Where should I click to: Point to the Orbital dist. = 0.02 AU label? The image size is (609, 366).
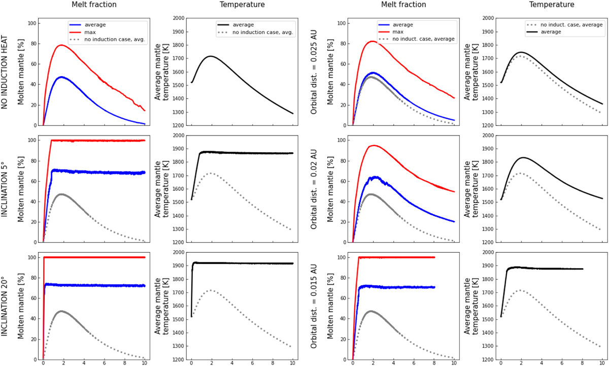pyautogui.click(x=314, y=188)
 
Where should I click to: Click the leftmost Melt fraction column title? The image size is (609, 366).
pyautogui.click(x=92, y=5)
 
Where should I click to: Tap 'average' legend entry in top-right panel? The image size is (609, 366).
pyautogui.click(x=551, y=31)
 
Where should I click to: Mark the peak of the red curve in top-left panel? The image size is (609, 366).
pyautogui.click(x=61, y=45)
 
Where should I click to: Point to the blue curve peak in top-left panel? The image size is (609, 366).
pyautogui.click(x=62, y=77)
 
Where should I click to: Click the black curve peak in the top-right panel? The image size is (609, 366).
pyautogui.click(x=521, y=52)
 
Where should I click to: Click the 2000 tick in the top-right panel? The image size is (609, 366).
pyautogui.click(x=488, y=18)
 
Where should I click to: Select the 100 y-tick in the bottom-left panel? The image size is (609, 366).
pyautogui.click(x=31, y=257)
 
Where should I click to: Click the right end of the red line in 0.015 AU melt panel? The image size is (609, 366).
pyautogui.click(x=434, y=257)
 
